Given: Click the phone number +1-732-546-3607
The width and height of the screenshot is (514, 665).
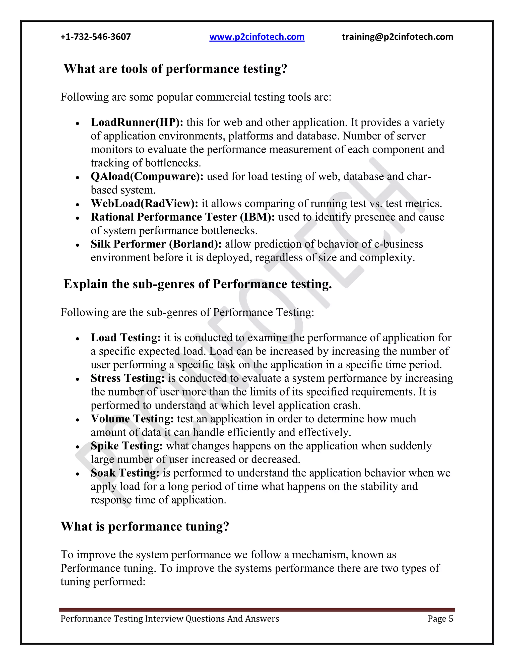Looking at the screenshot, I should [x=96, y=37].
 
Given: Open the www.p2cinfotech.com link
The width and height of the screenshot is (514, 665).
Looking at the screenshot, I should [x=257, y=37].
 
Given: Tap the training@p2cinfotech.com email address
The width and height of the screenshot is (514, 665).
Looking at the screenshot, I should [x=397, y=37].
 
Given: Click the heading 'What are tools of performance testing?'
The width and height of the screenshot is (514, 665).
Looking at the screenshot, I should [x=175, y=69].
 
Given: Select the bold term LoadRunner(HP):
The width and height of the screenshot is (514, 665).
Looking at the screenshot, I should [x=137, y=122].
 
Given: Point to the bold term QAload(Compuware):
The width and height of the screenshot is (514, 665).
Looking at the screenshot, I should [x=147, y=176].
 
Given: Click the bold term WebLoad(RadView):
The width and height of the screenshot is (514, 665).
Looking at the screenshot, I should [x=145, y=204].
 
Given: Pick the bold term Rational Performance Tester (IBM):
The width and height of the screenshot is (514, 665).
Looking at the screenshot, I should [x=183, y=217].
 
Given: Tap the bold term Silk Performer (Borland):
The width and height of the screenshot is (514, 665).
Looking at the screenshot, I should [x=156, y=244].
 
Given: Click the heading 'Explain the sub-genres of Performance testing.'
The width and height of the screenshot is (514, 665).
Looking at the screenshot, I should [x=198, y=284].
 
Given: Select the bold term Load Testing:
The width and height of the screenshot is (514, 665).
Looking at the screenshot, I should [x=125, y=338].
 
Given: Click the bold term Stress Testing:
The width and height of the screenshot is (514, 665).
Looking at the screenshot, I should [x=127, y=378].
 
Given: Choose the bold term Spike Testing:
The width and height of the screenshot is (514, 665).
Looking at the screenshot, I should [x=127, y=446].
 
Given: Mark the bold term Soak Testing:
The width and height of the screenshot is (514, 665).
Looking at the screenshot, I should [x=125, y=473].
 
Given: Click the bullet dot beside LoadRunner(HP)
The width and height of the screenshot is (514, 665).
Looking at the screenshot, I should [x=78, y=124].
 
